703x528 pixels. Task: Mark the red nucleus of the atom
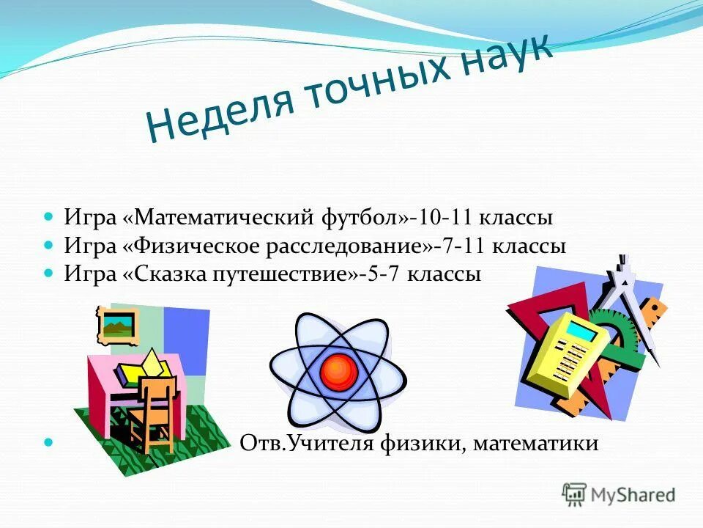338,372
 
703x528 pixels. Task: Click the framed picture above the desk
118,324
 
